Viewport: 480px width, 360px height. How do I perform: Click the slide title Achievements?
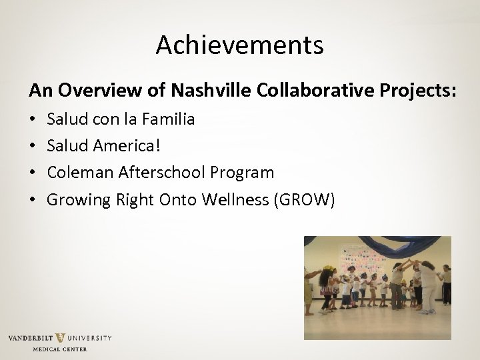(x=240, y=45)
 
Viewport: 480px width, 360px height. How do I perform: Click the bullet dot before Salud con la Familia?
(x=32, y=120)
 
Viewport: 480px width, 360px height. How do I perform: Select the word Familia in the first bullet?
(x=170, y=119)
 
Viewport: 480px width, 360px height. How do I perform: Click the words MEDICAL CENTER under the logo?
(x=60, y=349)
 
